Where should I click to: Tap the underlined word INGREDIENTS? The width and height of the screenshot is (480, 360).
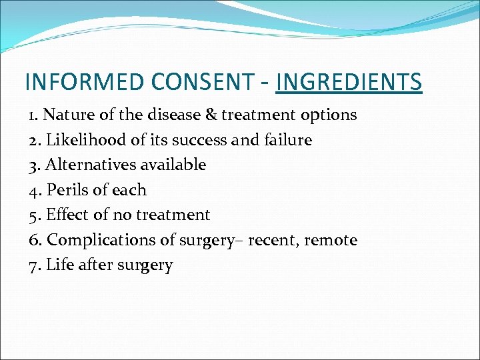click(x=349, y=82)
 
